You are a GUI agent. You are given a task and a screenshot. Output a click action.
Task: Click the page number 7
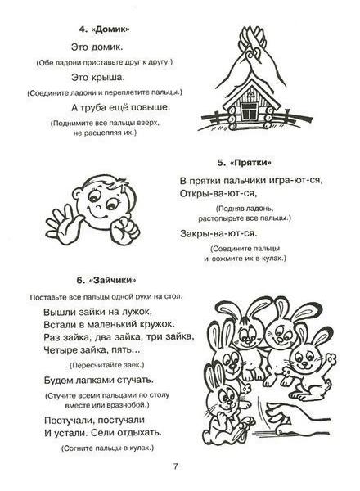click(175, 467)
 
